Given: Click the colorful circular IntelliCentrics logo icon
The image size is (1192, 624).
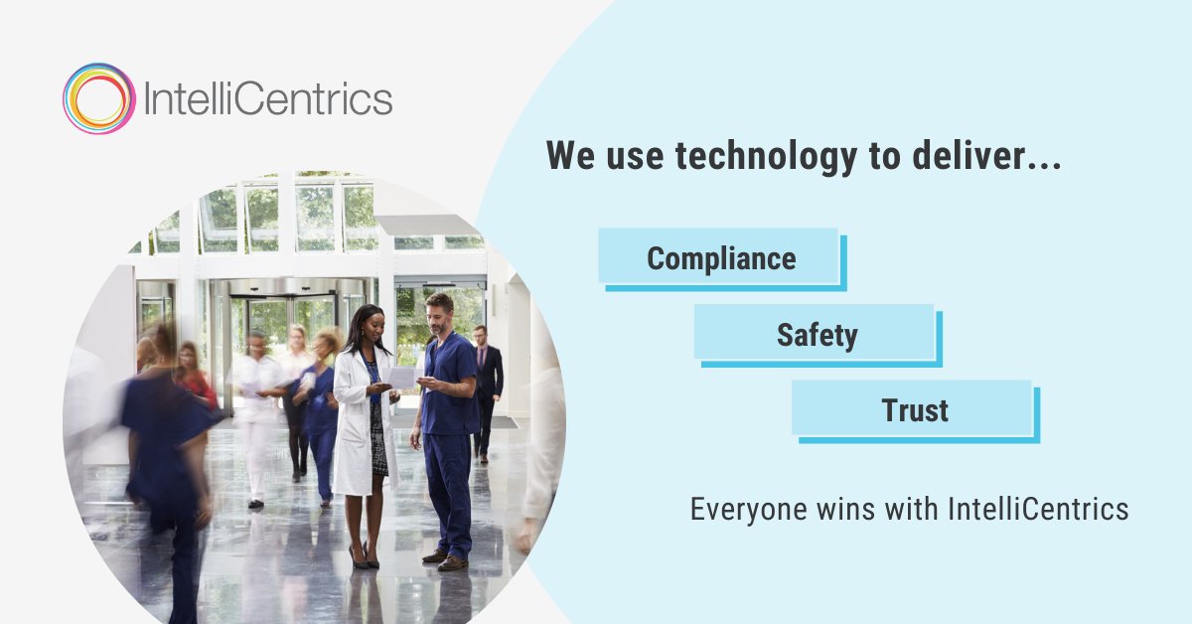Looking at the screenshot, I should tap(98, 98).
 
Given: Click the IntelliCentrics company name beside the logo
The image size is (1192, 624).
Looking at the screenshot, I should tap(268, 98).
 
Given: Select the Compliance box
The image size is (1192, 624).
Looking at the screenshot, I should tap(720, 258).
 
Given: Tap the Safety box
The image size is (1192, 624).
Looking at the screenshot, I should tap(816, 334).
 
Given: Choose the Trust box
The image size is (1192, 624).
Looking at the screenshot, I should tap(914, 409).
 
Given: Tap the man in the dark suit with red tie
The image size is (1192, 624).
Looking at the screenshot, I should tap(486, 388).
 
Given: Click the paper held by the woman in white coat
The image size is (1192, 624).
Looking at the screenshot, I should tap(402, 377).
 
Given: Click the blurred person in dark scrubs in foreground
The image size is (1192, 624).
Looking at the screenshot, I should tap(164, 447).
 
